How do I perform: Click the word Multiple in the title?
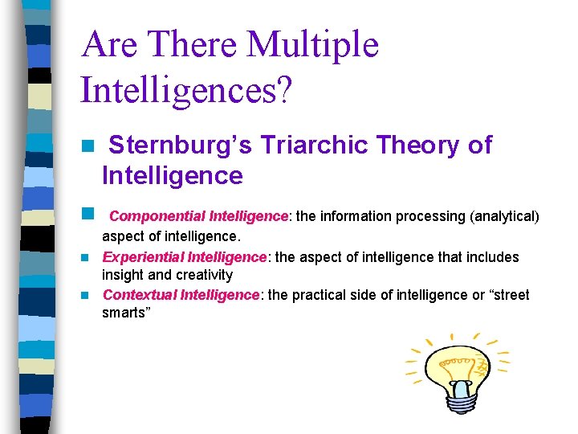pyautogui.click(x=312, y=45)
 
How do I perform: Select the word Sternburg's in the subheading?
pyautogui.click(x=177, y=145)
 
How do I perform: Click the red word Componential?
pyautogui.click(x=157, y=216)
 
